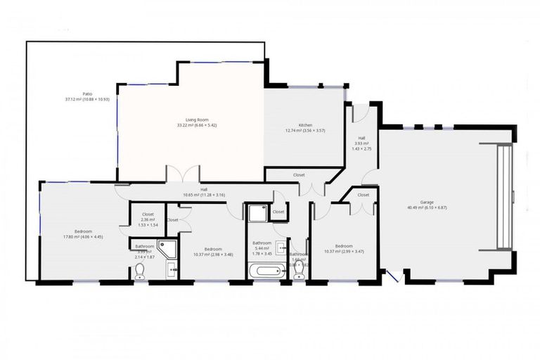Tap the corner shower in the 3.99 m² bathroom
point(168,247)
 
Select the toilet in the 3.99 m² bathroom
point(139,271)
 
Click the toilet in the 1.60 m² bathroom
point(299,271)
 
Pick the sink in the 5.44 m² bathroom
point(281,247)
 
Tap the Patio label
point(87,94)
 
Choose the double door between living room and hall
point(182,174)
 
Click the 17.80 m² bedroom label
point(83,232)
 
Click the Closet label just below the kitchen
point(299,174)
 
